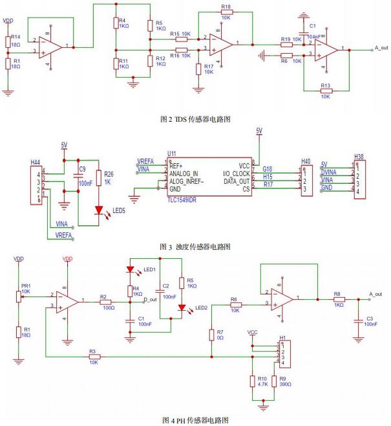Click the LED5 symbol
pos(99,208)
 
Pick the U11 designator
pos(171,153)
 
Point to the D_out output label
pos(149,300)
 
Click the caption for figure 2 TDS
pos(195,119)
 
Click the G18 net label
pos(267,170)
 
